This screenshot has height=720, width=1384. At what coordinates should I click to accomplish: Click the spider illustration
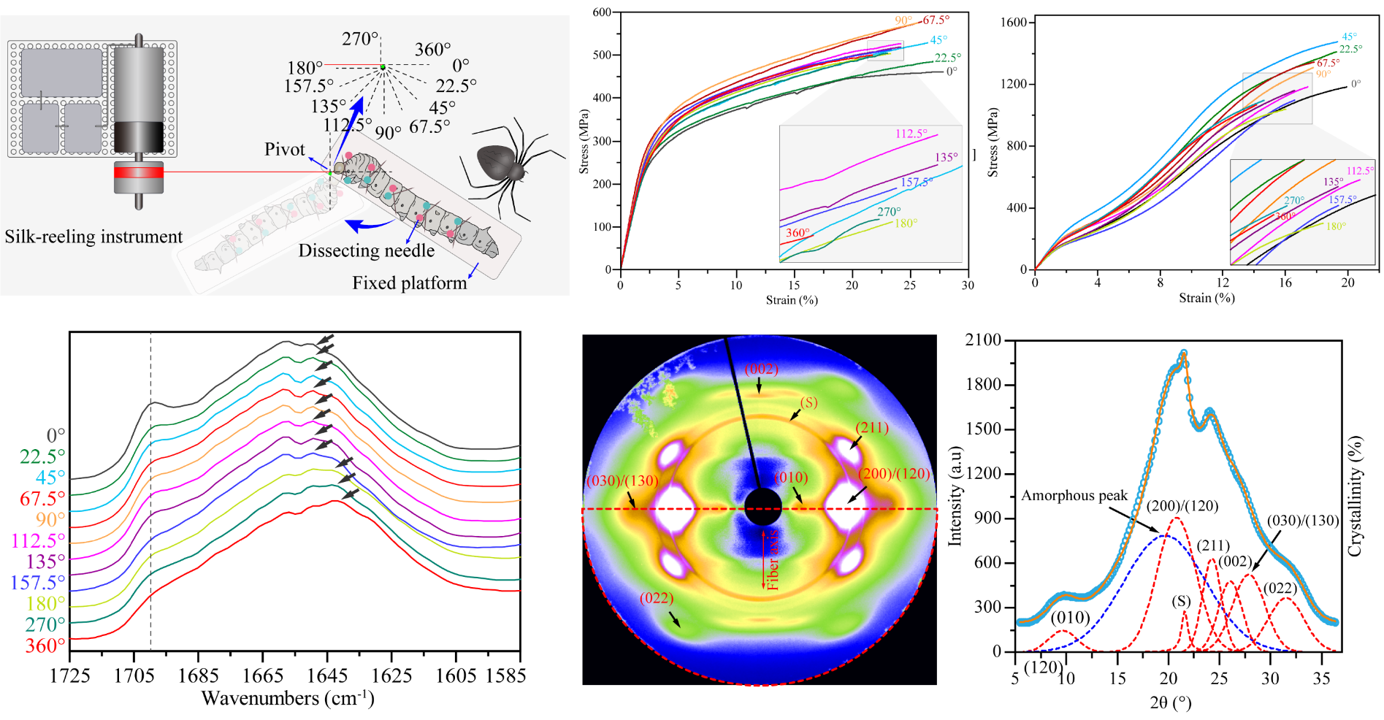tap(504, 164)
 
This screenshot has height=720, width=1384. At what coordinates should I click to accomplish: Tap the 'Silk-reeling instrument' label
tap(93, 237)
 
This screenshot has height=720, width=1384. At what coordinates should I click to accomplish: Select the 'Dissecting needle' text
tap(366, 250)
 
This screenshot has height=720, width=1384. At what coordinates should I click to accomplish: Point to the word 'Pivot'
tap(284, 150)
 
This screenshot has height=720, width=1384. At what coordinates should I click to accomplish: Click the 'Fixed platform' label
tap(409, 283)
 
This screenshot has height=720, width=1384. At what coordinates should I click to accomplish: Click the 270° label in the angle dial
tap(360, 39)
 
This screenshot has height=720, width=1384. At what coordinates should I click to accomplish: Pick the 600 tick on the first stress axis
tap(602, 12)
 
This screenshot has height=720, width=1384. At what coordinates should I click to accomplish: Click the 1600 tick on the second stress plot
tap(1013, 23)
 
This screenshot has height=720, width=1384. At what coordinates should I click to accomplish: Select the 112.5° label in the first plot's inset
tap(911, 134)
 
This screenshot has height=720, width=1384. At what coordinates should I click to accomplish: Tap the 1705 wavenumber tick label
tap(134, 675)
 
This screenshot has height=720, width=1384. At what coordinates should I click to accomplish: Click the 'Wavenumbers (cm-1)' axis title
tap(288, 699)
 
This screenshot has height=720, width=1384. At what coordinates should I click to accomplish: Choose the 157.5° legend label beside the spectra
tap(37, 583)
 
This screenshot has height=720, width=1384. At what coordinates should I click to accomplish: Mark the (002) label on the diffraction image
tap(761, 369)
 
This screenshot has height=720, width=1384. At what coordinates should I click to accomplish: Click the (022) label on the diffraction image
tap(656, 598)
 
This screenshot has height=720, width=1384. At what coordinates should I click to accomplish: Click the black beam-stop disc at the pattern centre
tap(762, 507)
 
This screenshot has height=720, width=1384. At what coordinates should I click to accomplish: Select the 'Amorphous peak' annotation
tap(1074, 496)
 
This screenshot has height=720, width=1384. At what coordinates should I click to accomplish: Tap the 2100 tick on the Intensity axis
tap(982, 340)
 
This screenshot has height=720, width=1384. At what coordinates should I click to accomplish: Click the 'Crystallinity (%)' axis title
tap(1355, 497)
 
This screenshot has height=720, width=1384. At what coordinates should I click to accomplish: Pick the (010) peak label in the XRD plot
tap(1070, 618)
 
